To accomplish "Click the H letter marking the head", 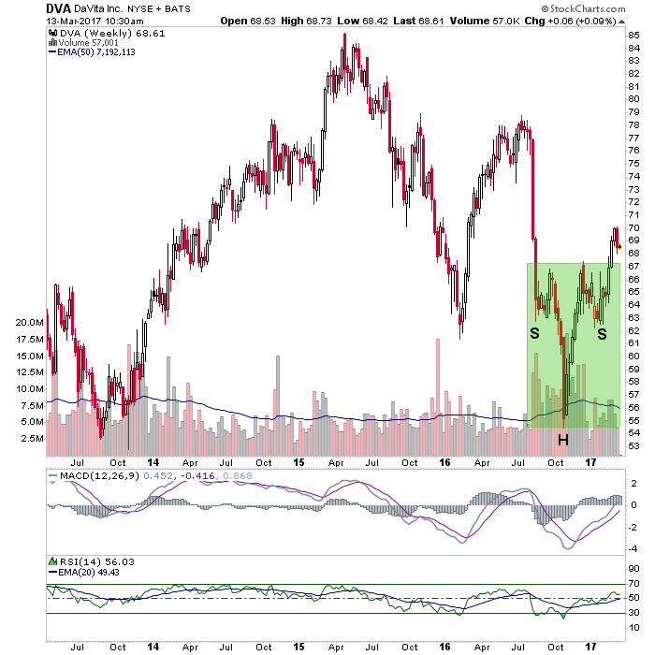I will click(563, 439).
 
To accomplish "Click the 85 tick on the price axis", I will click(633, 36).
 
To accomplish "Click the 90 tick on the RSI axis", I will click(633, 569).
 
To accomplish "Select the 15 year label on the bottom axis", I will click(300, 646).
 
